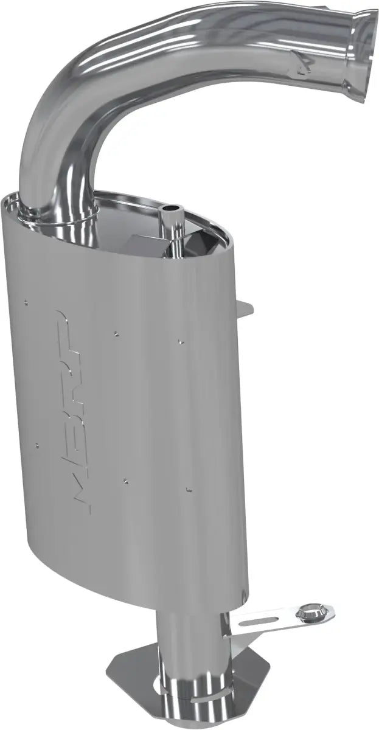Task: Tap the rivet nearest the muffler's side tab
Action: tap(181, 340)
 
